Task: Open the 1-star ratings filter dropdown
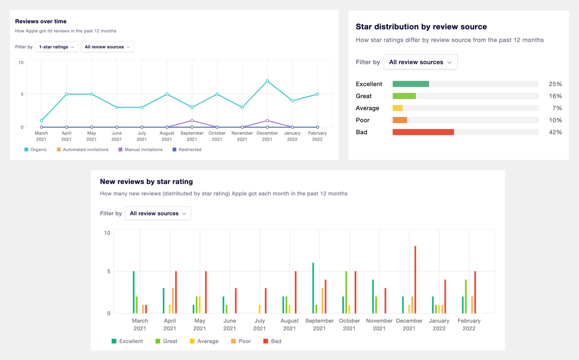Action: pos(56,47)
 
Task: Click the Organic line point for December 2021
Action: pos(267,81)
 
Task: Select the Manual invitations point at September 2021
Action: pos(192,121)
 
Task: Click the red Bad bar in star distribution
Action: pos(423,132)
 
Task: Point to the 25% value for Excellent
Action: pos(555,84)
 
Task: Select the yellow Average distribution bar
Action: pos(398,108)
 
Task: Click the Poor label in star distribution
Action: pos(362,120)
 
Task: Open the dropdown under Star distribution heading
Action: pos(420,62)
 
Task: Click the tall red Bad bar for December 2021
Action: pos(415,280)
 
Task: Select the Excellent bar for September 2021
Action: pos(313,288)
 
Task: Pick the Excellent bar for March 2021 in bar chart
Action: pos(134,292)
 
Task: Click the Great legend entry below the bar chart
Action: pos(166,341)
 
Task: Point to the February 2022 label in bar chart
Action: pos(469,324)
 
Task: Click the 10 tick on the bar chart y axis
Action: pos(107,233)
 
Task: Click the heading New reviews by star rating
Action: pos(146,182)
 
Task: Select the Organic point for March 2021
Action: pos(42,121)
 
